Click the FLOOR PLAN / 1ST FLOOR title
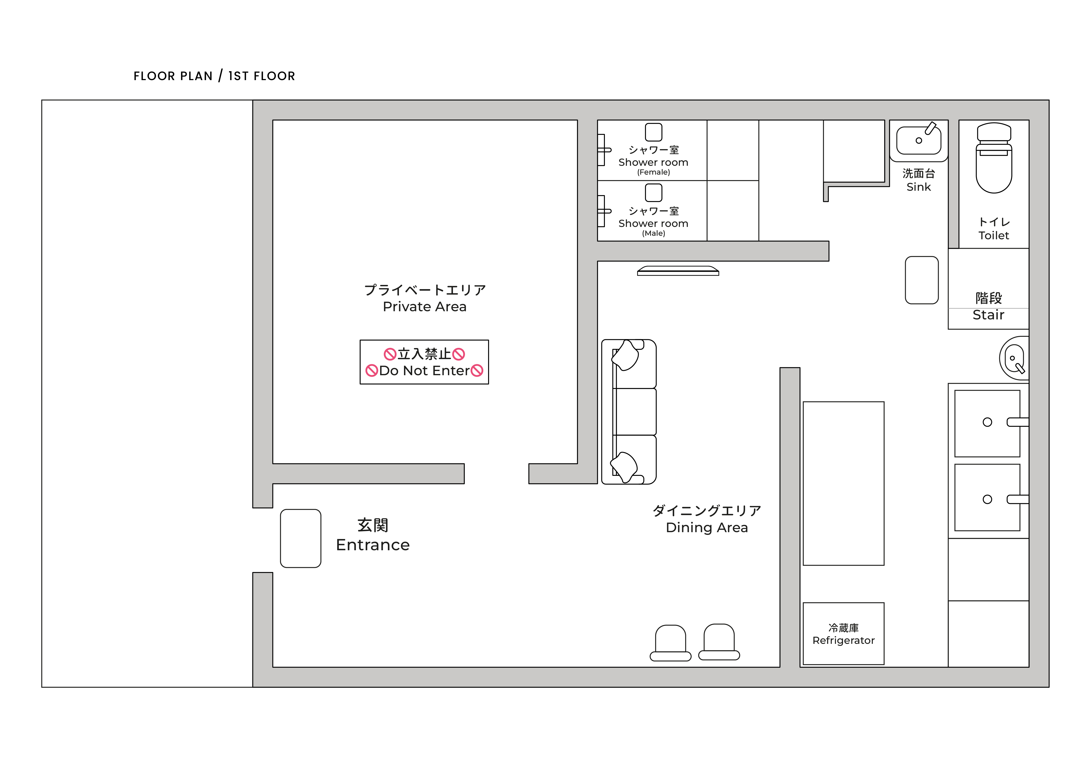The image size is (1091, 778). pos(214,76)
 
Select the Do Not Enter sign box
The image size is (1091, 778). pos(424,362)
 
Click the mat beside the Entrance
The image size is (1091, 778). pos(300,539)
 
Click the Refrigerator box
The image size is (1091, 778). pos(843,633)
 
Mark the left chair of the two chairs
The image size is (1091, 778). pos(670,643)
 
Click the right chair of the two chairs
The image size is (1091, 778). pos(719,642)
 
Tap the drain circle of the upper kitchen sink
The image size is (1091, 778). pos(987,422)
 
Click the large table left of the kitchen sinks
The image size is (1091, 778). pos(843,483)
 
